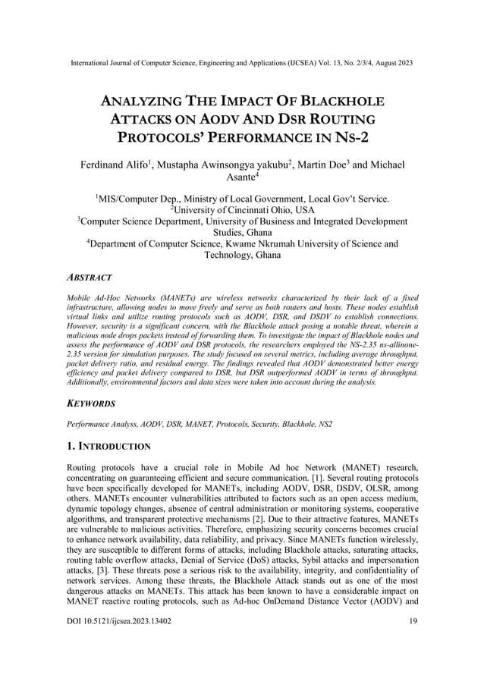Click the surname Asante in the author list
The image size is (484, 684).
pos(241,179)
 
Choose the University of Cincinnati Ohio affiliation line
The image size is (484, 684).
pos(242,210)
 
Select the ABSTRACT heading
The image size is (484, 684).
pos(90,278)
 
